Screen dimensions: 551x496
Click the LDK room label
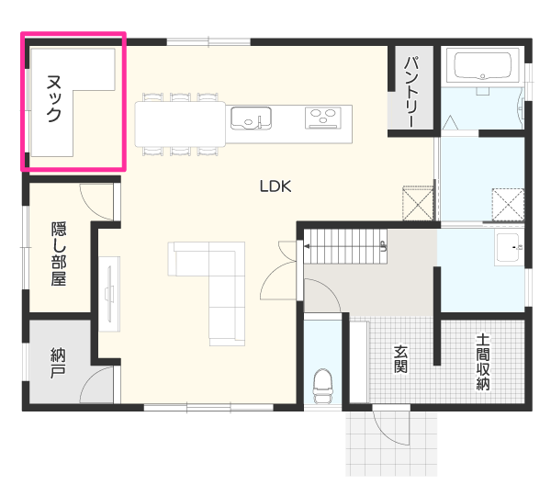pyautogui.click(x=275, y=186)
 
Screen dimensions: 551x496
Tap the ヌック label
pyautogui.click(x=54, y=98)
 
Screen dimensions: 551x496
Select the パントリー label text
pyautogui.click(x=411, y=92)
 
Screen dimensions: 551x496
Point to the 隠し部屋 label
pyautogui.click(x=59, y=254)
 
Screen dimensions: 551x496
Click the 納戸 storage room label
pyautogui.click(x=58, y=363)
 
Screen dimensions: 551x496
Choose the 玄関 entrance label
pyautogui.click(x=400, y=358)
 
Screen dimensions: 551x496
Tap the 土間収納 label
pyautogui.click(x=483, y=362)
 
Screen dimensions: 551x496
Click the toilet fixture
pyautogui.click(x=323, y=386)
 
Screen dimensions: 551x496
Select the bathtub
pyautogui.click(x=482, y=66)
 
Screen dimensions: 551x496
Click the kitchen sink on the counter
pyautogui.click(x=251, y=118)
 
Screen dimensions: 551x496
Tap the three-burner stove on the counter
pyautogui.click(x=323, y=117)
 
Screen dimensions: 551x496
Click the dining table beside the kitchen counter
pyautogui.click(x=180, y=124)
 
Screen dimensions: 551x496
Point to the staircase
pyautogui.click(x=345, y=246)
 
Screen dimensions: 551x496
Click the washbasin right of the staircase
pyautogui.click(x=509, y=248)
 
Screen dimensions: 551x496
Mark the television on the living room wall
pyautogui.click(x=109, y=294)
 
